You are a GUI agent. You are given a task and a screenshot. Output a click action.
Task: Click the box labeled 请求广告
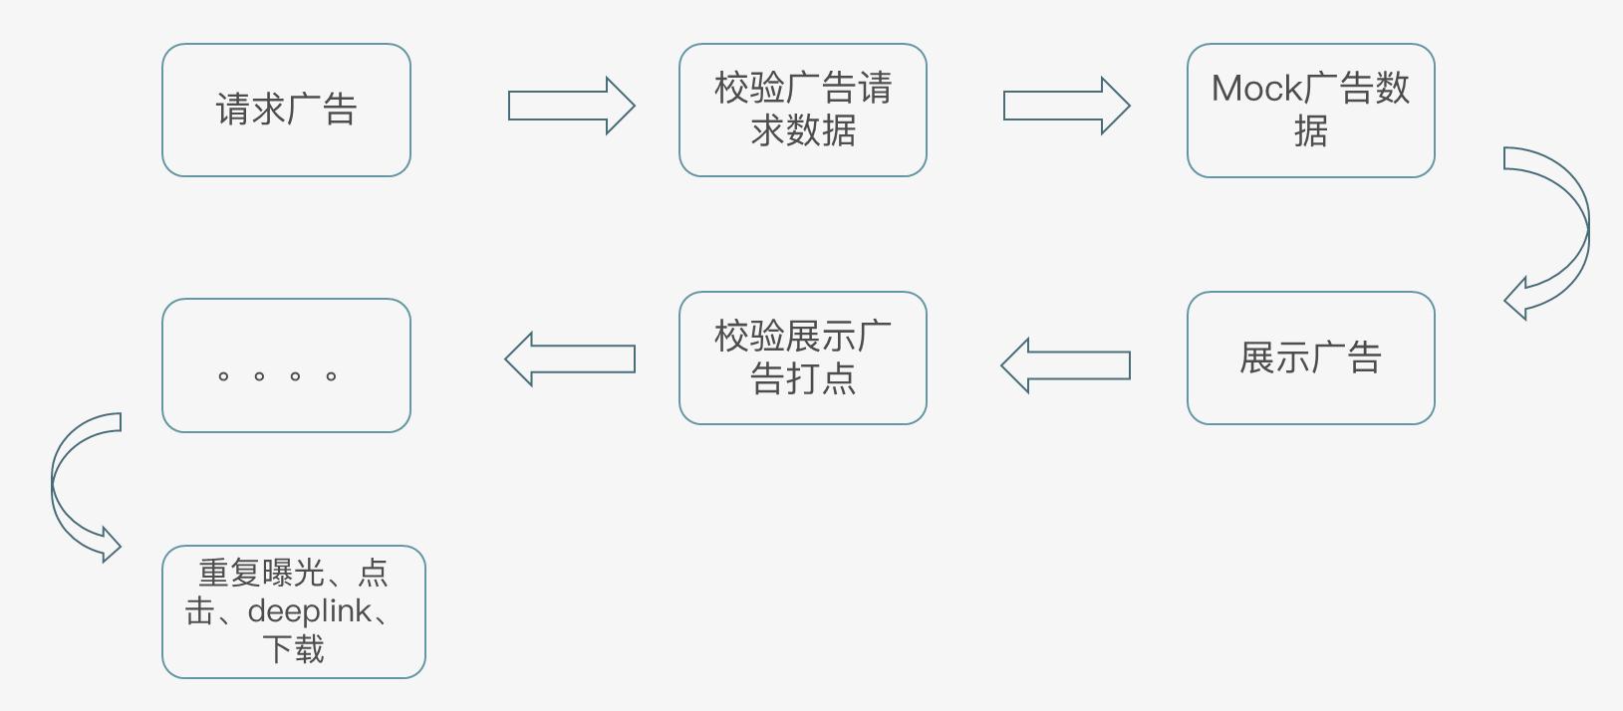[286, 111]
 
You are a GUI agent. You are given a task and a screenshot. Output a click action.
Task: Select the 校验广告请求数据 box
[803, 111]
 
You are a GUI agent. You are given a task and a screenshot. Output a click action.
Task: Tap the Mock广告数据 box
[1311, 111]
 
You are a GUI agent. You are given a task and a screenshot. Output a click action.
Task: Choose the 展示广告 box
[1311, 358]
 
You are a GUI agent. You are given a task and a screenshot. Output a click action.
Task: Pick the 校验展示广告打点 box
[803, 358]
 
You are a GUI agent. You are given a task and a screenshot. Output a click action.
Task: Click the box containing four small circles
[286, 365]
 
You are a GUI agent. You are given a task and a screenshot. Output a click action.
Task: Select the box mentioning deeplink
[294, 611]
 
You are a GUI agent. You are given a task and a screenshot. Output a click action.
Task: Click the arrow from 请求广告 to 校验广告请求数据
[572, 106]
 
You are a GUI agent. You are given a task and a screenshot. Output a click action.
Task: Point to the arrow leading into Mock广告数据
[1066, 106]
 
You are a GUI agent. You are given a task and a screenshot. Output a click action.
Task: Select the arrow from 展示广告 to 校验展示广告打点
[1066, 365]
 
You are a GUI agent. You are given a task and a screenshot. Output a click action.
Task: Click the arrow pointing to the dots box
[570, 359]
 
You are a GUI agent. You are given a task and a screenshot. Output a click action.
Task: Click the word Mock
[1257, 89]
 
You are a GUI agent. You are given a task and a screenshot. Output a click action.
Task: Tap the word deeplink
[310, 611]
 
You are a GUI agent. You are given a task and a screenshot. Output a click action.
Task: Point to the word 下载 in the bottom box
[293, 648]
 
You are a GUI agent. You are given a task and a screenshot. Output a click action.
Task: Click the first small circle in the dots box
[223, 376]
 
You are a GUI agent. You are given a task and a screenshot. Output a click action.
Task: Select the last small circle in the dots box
[331, 376]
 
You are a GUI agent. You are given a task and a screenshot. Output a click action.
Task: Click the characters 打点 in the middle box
[820, 378]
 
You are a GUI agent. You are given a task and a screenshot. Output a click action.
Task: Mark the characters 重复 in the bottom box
[230, 573]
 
